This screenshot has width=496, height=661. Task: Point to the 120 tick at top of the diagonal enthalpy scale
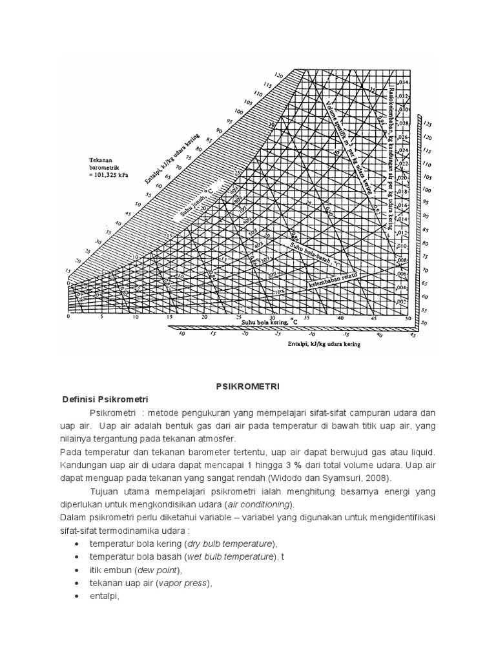pyautogui.click(x=279, y=75)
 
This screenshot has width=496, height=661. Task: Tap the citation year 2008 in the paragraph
pyautogui.click(x=378, y=478)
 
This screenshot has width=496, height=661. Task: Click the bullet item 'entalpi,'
pyautogui.click(x=105, y=596)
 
